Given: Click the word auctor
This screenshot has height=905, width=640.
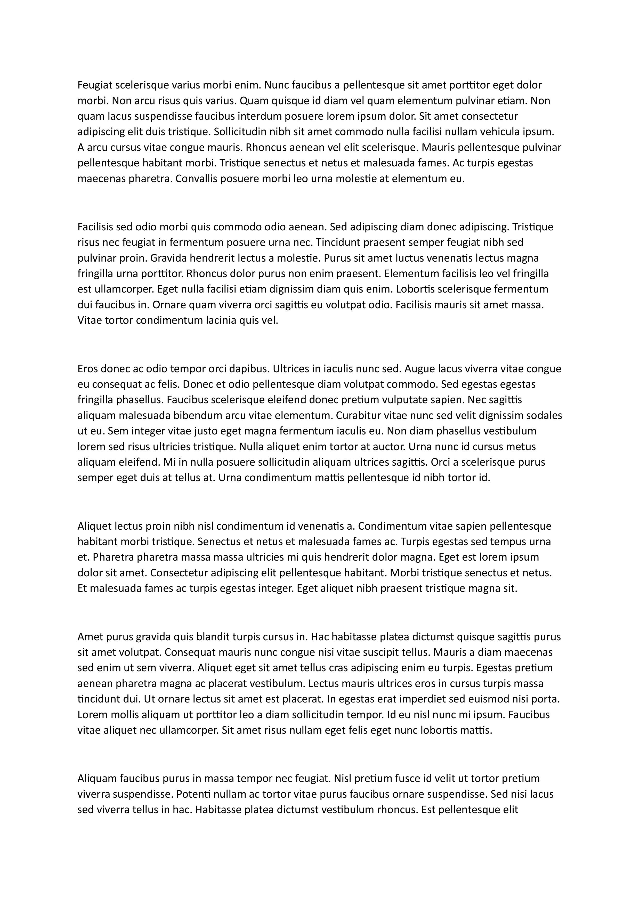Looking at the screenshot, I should click(388, 447).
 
